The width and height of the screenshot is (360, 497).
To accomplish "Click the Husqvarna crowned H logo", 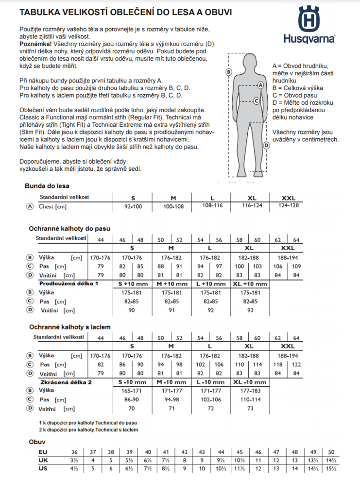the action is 309,19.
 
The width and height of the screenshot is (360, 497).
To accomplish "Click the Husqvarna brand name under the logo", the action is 309,39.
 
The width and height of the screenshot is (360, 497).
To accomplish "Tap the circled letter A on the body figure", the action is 260,85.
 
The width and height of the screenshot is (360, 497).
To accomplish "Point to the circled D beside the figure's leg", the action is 266,146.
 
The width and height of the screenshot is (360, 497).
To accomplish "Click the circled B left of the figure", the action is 229,72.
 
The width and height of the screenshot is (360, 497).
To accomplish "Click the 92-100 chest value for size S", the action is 133,206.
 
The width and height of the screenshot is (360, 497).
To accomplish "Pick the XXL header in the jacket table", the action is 288,198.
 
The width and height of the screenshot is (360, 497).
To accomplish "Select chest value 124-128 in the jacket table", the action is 288,205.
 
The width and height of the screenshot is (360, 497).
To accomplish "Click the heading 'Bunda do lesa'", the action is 47,186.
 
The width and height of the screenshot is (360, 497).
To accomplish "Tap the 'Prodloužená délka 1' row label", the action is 69,283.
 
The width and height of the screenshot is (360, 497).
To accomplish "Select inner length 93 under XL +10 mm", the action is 250,310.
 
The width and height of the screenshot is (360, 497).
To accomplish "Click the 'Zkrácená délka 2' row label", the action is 66,382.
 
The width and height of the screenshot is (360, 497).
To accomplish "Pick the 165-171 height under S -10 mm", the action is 132,391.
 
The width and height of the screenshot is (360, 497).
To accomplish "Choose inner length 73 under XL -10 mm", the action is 250,409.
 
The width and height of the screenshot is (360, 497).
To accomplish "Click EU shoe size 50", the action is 331,452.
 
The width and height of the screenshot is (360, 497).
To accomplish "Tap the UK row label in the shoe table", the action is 43,460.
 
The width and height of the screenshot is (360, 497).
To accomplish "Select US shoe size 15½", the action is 331,468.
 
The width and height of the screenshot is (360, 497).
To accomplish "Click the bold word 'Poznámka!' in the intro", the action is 35,44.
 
